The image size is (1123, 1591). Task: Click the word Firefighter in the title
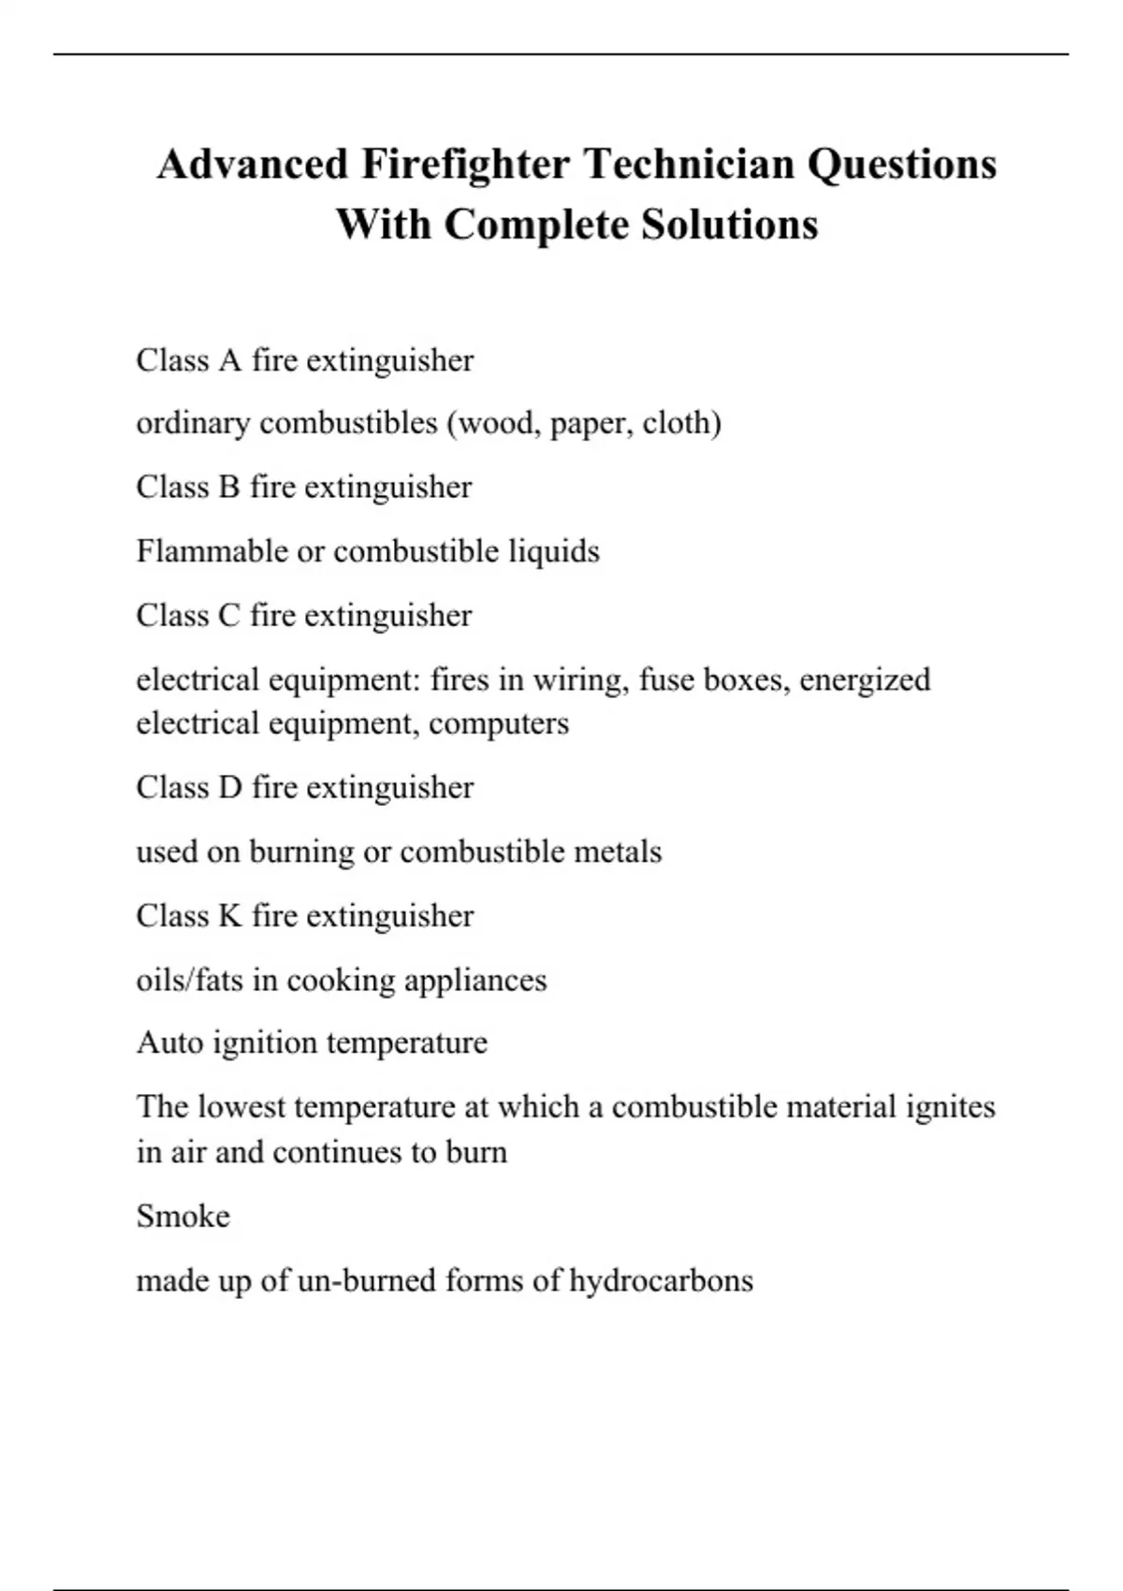pyautogui.click(x=465, y=165)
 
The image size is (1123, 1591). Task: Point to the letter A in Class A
pyautogui.click(x=230, y=360)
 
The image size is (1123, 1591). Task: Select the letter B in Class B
pyautogui.click(x=229, y=488)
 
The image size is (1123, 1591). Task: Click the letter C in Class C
pyautogui.click(x=229, y=616)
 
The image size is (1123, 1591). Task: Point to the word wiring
pyautogui.click(x=579, y=679)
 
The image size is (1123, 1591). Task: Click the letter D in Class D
pyautogui.click(x=230, y=788)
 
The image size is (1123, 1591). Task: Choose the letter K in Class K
pyautogui.click(x=230, y=916)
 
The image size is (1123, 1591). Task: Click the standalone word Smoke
pyautogui.click(x=183, y=1217)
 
